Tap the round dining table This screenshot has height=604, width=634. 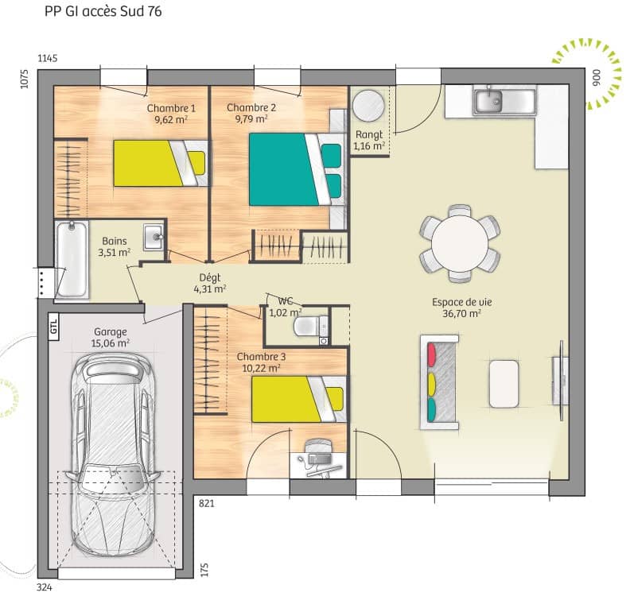[x=459, y=243]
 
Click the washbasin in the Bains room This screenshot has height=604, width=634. [x=153, y=236]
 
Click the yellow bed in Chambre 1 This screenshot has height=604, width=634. [x=159, y=163]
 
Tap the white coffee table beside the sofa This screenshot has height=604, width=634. [x=504, y=383]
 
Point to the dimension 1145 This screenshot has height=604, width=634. [x=49, y=59]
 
